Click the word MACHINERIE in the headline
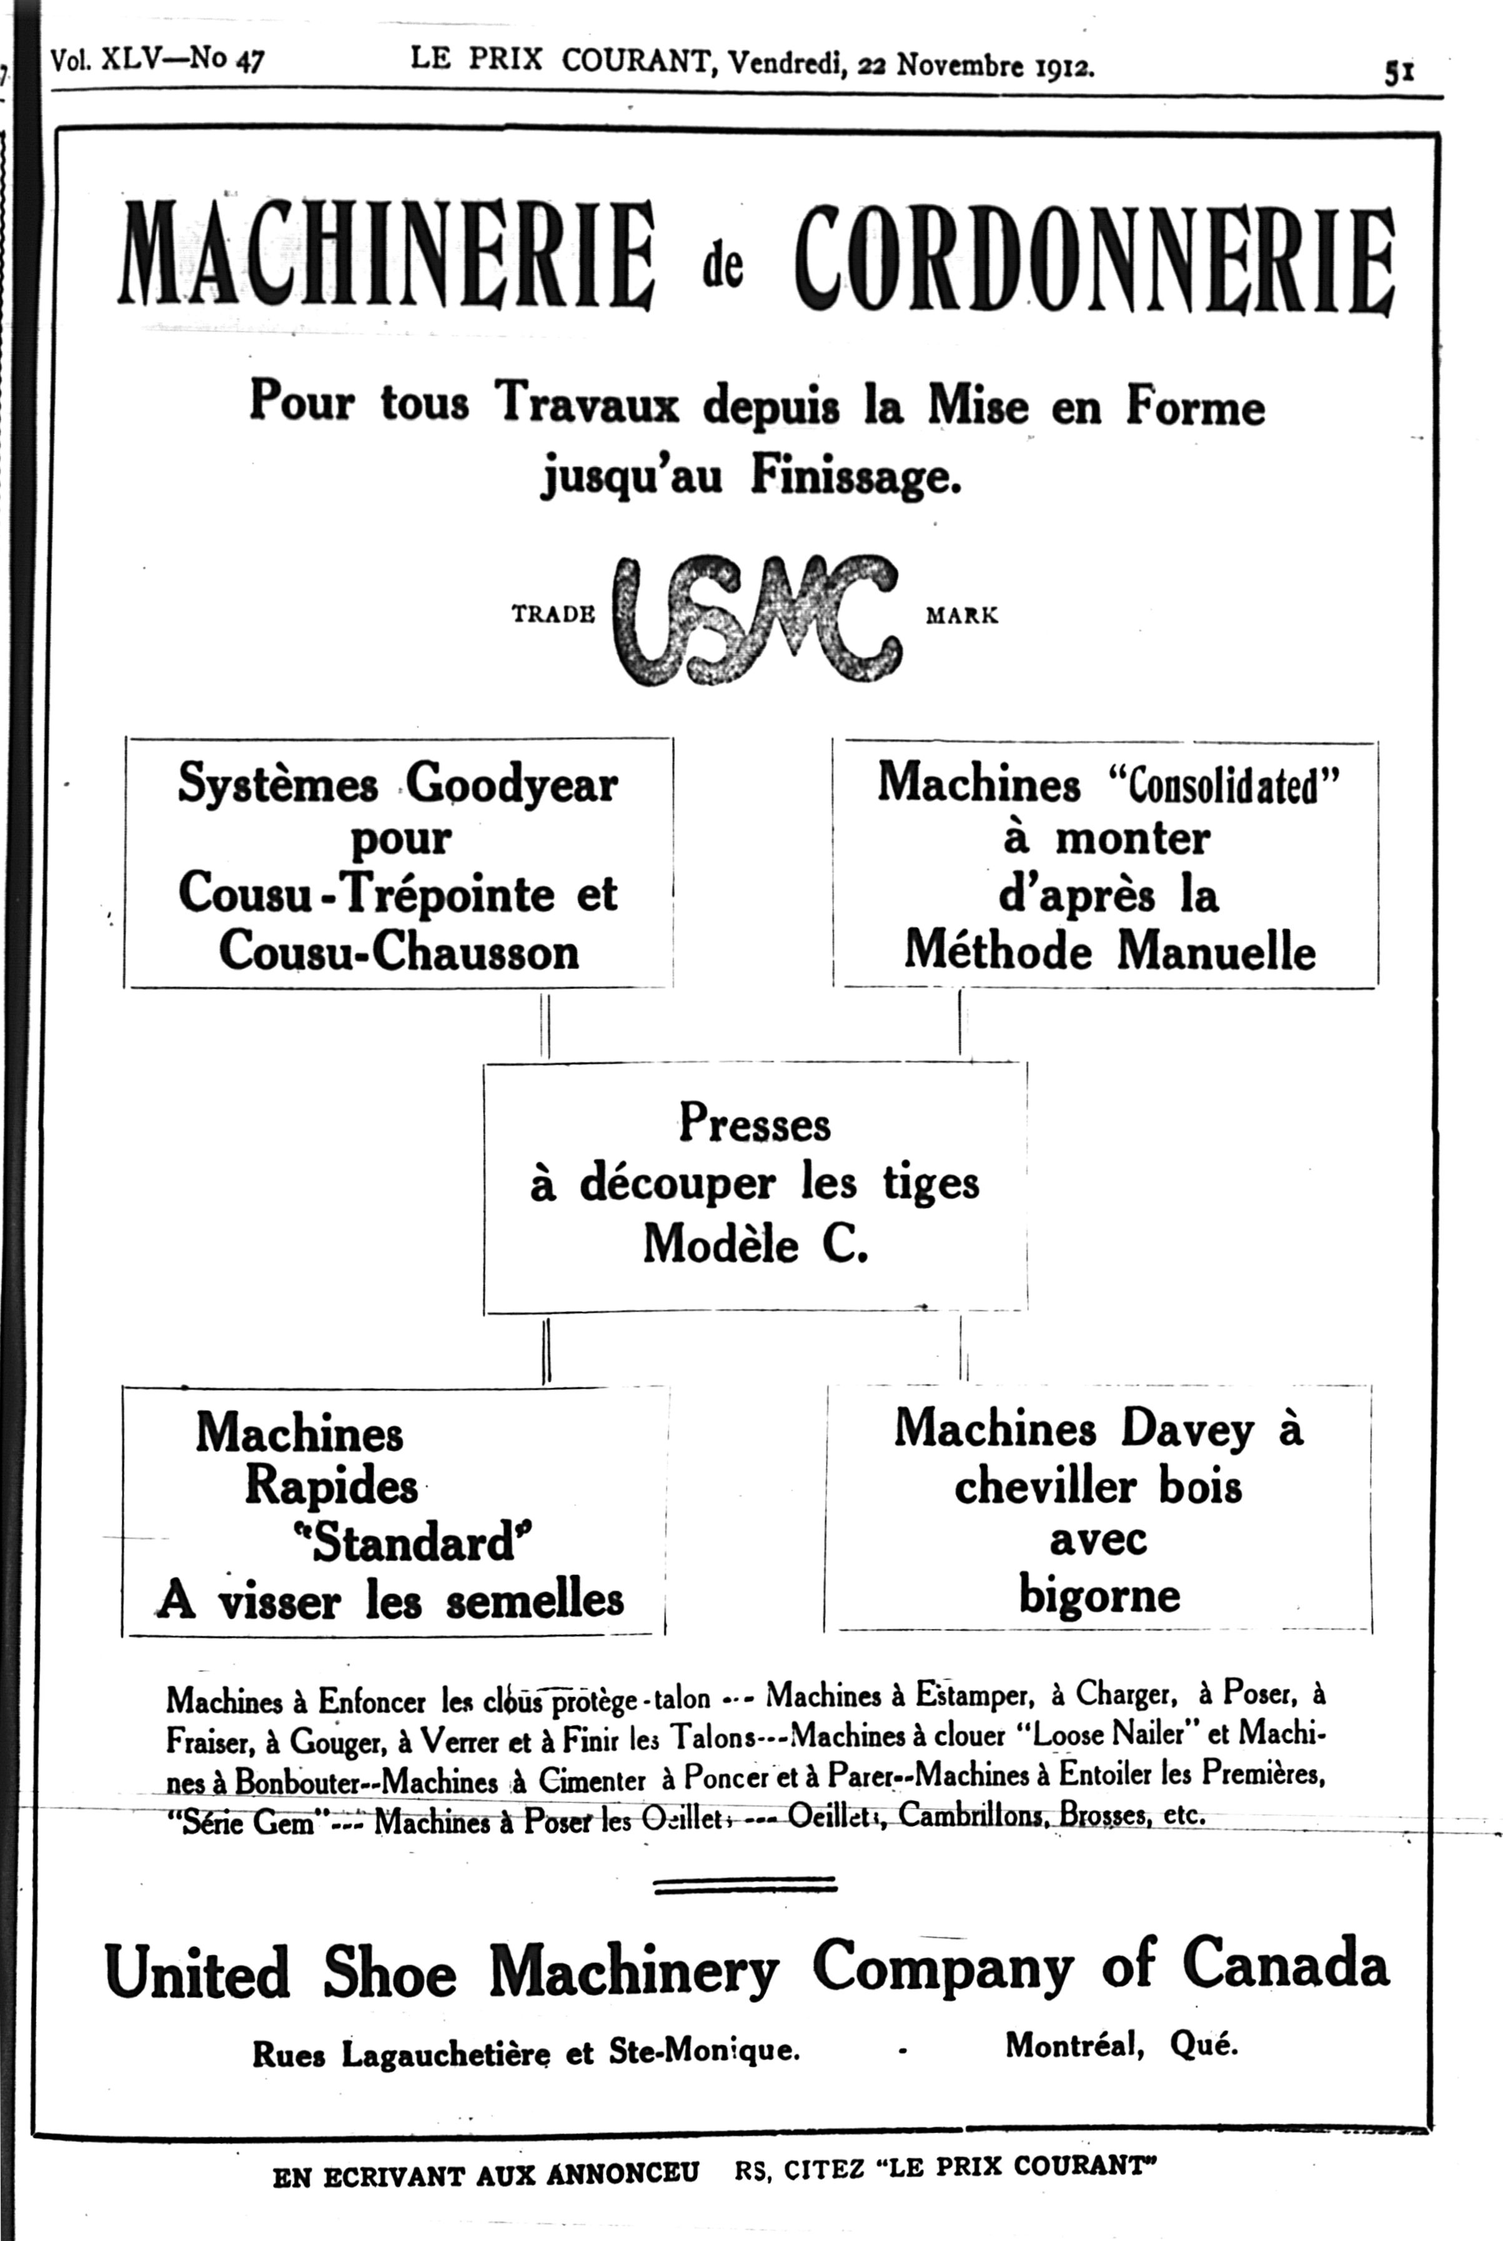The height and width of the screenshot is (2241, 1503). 385,254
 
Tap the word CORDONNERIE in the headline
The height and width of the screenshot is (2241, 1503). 1093,257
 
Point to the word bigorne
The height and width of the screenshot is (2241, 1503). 1098,1596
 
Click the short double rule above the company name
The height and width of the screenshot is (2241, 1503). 744,1887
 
